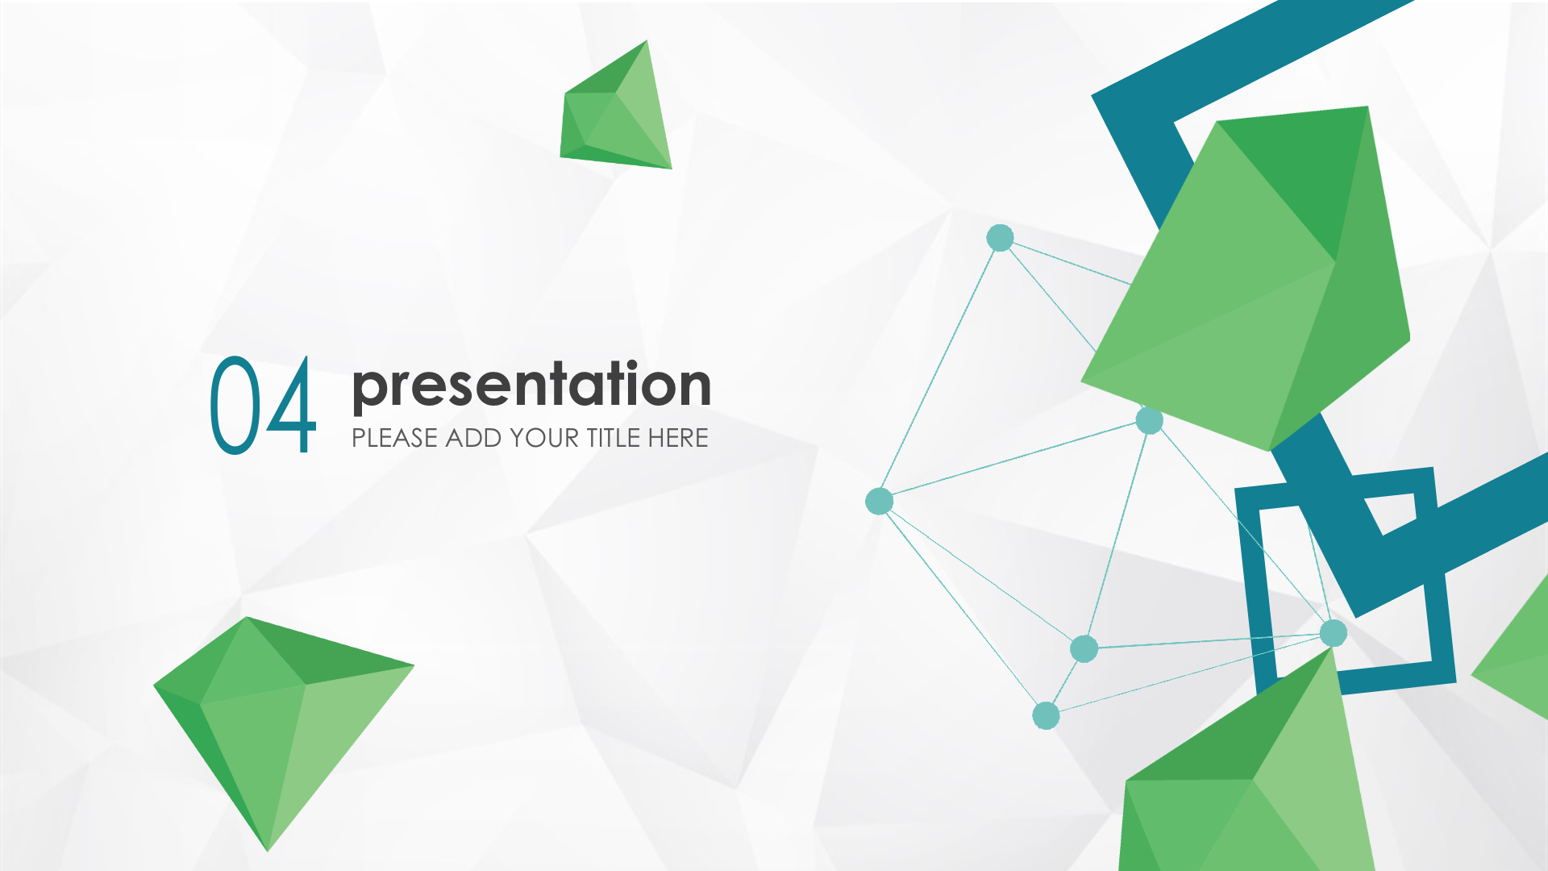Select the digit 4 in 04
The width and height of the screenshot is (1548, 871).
pyautogui.click(x=291, y=405)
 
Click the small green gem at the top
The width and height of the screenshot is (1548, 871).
pyautogui.click(x=618, y=109)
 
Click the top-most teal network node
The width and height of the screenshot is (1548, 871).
pyautogui.click(x=1000, y=238)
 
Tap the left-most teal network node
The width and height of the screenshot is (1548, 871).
pyautogui.click(x=879, y=501)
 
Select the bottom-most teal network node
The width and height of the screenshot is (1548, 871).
pyautogui.click(x=1046, y=715)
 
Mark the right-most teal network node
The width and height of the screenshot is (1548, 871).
pyautogui.click(x=1334, y=633)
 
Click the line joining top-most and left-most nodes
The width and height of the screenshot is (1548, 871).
pyautogui.click(x=939, y=369)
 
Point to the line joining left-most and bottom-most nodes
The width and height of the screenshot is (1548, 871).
pyautogui.click(x=963, y=608)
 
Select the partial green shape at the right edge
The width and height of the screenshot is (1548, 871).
pyautogui.click(x=1512, y=650)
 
